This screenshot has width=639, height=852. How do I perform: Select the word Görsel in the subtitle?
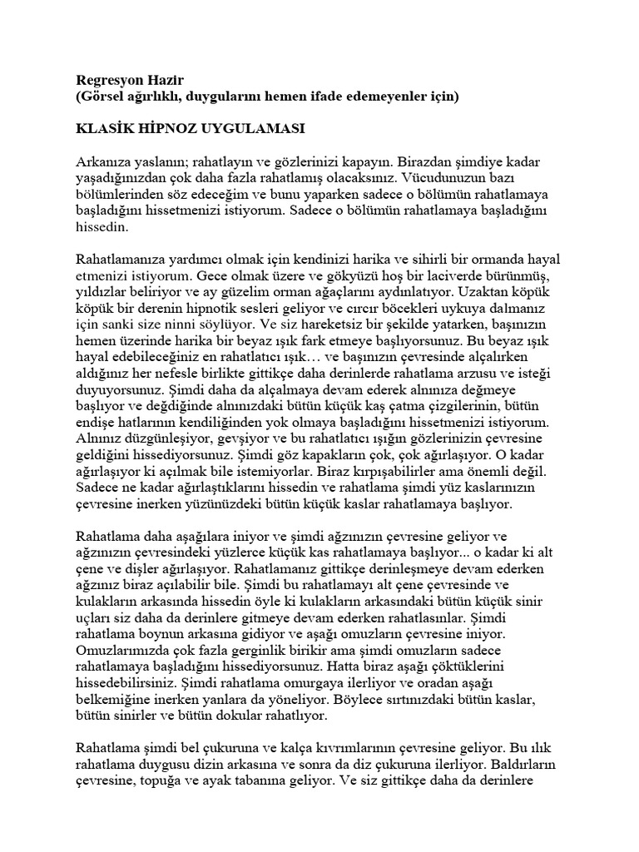coord(106,97)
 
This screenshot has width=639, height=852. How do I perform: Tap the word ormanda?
coord(477,258)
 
